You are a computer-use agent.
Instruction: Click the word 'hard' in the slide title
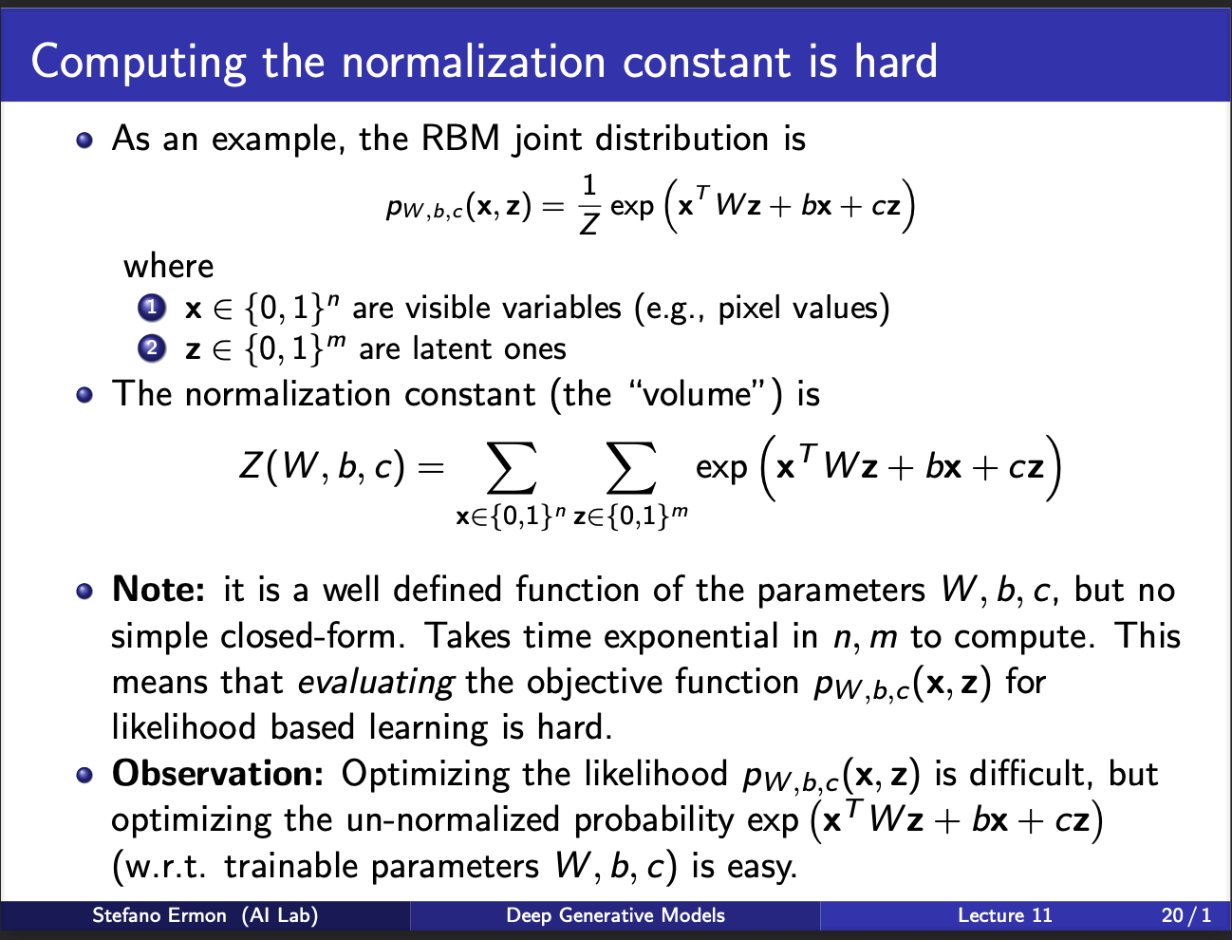click(x=896, y=61)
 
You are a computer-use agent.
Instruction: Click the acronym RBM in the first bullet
click(x=460, y=138)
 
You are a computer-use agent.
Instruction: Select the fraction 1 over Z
click(x=588, y=205)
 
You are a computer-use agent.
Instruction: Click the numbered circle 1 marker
click(x=152, y=308)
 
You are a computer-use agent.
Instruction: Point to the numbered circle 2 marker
click(x=152, y=348)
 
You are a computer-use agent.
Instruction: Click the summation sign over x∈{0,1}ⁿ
click(x=512, y=468)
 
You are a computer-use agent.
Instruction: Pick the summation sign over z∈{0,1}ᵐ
click(x=631, y=468)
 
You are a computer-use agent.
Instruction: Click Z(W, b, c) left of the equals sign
click(x=322, y=467)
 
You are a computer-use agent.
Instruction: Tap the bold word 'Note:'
click(x=159, y=590)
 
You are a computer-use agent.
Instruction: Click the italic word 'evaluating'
click(x=376, y=684)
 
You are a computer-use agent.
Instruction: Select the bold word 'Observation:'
click(x=217, y=774)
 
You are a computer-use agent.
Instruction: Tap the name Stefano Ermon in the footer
click(x=159, y=916)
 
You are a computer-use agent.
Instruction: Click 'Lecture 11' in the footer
click(x=1005, y=916)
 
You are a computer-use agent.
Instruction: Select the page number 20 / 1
click(x=1186, y=916)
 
